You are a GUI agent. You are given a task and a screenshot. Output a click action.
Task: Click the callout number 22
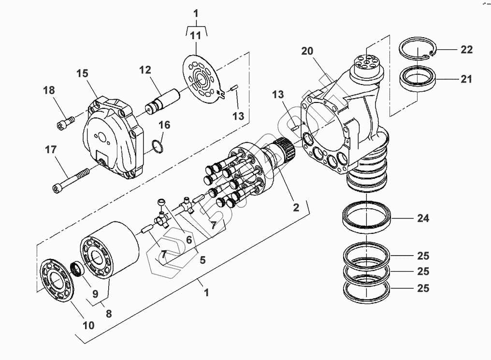pos(466,50)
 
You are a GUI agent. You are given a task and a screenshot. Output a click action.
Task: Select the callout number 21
pos(466,79)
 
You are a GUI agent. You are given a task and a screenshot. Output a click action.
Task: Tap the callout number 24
pos(423,219)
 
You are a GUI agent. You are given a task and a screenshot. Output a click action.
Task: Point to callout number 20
pos(307,51)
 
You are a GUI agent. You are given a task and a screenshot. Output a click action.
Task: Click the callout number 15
pos(82,74)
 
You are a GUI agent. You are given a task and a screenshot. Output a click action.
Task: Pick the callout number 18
pos(49,90)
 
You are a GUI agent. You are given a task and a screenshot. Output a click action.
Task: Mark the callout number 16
pos(164,125)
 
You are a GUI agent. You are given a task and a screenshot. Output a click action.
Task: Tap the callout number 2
pos(296,208)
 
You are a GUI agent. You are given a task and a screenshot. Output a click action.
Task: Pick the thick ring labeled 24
pos(367,216)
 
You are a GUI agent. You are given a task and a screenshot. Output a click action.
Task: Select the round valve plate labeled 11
pos(202,79)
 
